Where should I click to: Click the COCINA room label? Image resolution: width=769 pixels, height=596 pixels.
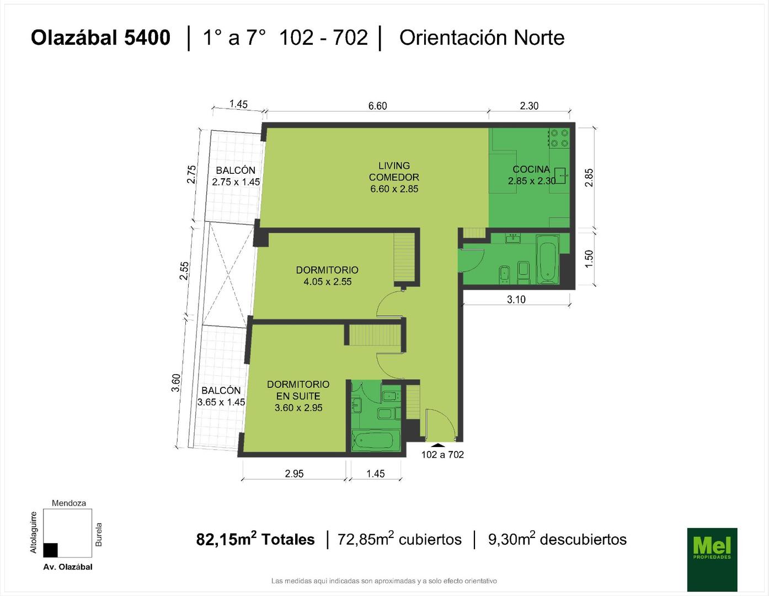531,169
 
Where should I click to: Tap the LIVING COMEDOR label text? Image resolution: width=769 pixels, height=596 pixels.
394,171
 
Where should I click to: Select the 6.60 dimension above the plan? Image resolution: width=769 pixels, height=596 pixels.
377,106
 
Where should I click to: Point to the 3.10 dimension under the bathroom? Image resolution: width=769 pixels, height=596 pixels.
516,300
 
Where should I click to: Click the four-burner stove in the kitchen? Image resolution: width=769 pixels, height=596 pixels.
559,139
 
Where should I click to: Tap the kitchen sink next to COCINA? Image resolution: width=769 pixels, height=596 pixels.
560,175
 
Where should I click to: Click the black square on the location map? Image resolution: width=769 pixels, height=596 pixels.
50,550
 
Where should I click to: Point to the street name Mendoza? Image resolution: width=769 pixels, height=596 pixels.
68,503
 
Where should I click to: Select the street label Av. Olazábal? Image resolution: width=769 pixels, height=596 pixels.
68,567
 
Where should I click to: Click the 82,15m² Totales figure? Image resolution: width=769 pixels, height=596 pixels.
255,539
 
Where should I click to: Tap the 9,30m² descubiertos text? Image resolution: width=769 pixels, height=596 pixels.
557,539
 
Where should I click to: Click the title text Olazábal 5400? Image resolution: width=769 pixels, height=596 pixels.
101,38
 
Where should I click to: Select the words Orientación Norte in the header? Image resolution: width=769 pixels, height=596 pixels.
482,38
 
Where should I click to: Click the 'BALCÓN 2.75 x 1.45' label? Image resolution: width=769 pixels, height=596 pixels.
236,176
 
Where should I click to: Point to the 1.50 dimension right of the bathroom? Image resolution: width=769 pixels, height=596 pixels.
589,259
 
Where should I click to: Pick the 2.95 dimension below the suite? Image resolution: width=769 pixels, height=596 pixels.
294,473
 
